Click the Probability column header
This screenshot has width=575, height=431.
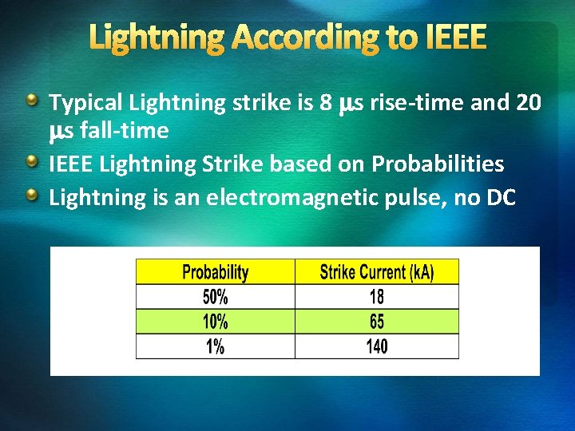216,272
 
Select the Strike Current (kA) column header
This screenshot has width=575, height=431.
377,272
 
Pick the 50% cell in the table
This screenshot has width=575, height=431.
216,297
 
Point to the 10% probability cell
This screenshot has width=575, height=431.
216,322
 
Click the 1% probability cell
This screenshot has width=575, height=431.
216,346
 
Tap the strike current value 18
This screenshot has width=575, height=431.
377,297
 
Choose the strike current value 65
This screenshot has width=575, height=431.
377,322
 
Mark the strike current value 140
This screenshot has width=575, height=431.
377,346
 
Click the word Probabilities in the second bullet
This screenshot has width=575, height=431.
438,164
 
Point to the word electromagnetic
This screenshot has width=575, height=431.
307,196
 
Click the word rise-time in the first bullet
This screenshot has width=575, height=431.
415,103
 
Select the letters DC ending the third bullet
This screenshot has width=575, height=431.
500,196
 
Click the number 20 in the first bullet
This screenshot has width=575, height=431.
528,103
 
